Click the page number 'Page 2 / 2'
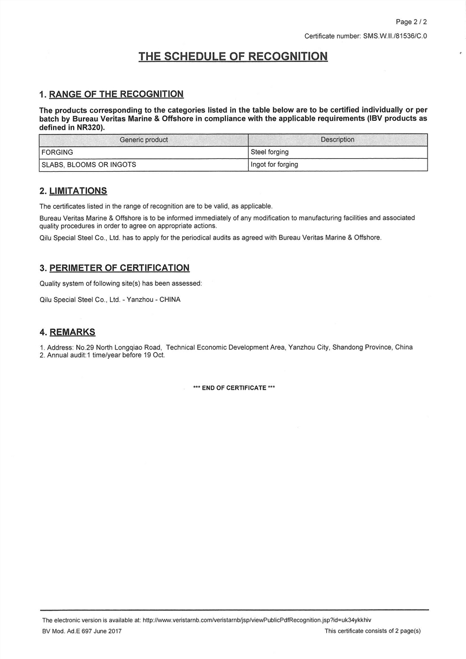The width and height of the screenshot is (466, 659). (x=411, y=22)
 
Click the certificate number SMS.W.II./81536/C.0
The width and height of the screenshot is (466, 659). (x=393, y=36)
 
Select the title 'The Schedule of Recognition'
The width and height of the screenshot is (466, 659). (x=233, y=56)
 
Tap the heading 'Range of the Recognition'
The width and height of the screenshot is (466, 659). (x=116, y=94)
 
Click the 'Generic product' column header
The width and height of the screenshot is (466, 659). (x=144, y=140)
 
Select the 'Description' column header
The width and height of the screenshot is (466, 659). (x=338, y=140)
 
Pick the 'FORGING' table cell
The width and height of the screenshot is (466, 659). (x=57, y=152)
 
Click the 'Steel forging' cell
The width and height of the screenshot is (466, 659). (x=269, y=152)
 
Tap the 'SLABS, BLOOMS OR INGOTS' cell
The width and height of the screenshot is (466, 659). (x=89, y=165)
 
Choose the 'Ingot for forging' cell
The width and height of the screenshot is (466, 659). (x=274, y=165)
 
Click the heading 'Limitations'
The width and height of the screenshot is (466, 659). (x=78, y=191)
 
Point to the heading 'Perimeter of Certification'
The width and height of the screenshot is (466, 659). (x=119, y=268)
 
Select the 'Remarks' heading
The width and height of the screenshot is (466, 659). (x=72, y=332)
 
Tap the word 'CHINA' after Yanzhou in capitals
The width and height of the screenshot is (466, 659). (x=170, y=300)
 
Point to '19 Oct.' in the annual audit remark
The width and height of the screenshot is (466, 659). (x=154, y=356)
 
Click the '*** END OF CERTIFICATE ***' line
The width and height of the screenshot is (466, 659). (x=234, y=388)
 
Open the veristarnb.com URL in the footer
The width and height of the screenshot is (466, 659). (x=257, y=620)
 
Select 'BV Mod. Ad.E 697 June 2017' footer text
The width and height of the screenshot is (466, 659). (x=82, y=631)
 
